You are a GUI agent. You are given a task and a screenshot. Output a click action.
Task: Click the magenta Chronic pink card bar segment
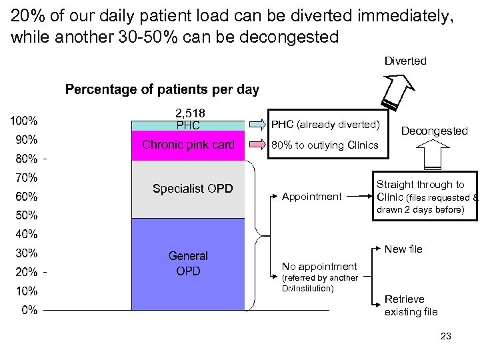[x=188, y=145]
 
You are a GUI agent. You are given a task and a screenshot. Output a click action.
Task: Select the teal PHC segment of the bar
[x=188, y=125]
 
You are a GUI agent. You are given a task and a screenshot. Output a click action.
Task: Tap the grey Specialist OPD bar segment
[x=188, y=189]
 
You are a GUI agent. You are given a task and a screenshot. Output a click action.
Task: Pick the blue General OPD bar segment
[x=188, y=263]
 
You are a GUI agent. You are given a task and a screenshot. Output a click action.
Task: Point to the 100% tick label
[x=23, y=121]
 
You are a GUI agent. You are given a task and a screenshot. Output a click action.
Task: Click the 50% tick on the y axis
[x=26, y=215]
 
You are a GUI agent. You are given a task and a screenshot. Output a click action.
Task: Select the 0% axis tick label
[x=29, y=310]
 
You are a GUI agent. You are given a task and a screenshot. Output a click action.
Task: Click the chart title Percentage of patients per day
[x=162, y=89]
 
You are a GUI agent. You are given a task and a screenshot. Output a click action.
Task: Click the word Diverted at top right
[x=405, y=61]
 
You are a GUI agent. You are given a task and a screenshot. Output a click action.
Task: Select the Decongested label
[x=435, y=131]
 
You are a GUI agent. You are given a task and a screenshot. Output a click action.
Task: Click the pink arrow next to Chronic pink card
[x=257, y=145]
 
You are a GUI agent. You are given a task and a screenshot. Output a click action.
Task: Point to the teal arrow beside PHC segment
[x=257, y=125]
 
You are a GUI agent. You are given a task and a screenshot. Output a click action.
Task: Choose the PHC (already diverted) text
[x=325, y=125]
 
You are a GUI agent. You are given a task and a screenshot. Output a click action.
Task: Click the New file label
[x=403, y=249]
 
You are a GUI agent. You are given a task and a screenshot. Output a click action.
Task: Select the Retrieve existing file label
[x=411, y=305]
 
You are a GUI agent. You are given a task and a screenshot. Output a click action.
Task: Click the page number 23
[x=445, y=336]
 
